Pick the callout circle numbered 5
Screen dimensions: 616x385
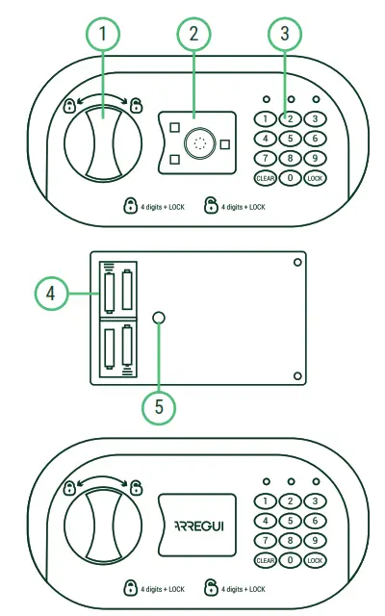[x=159, y=406]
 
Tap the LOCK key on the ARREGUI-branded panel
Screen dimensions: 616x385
[x=314, y=559]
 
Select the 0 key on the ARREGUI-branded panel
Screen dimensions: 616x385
[x=290, y=559]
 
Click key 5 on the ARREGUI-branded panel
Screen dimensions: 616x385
[x=290, y=521]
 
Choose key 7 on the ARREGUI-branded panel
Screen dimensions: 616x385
[x=265, y=540]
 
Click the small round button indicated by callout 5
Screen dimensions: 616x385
[x=159, y=319]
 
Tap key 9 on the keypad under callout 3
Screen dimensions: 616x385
[x=314, y=158]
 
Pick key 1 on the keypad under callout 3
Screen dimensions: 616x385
[x=265, y=119]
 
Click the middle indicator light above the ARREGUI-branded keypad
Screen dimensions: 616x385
[x=290, y=480]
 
